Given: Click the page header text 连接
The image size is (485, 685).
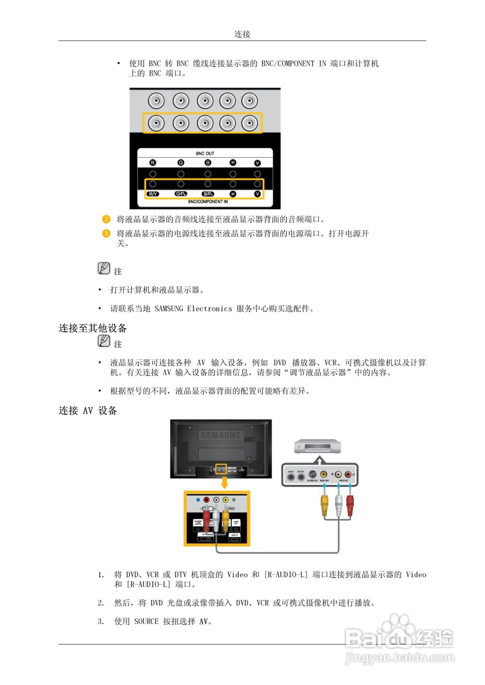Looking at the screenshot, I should pyautogui.click(x=242, y=34).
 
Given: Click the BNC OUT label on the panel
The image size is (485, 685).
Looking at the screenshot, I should pyautogui.click(x=205, y=154).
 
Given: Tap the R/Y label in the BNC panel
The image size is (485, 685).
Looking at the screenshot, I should pyautogui.click(x=153, y=194).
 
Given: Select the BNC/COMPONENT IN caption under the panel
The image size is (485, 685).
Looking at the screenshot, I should pyautogui.click(x=205, y=202).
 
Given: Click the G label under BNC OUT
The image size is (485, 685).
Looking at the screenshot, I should pyautogui.click(x=181, y=163).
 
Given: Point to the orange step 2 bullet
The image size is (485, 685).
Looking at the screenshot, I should pyautogui.click(x=106, y=219).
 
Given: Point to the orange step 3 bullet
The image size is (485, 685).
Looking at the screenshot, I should pyautogui.click(x=106, y=233).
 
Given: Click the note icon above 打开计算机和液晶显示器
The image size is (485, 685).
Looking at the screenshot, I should pyautogui.click(x=105, y=269).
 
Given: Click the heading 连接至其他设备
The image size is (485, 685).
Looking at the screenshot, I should pyautogui.click(x=93, y=328).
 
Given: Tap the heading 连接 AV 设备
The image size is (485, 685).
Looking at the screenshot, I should pyautogui.click(x=88, y=411).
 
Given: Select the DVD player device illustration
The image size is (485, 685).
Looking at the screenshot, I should pyautogui.click(x=318, y=445).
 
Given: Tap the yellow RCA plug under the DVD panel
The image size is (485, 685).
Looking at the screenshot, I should pyautogui.click(x=324, y=504).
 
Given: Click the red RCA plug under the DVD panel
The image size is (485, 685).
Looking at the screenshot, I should pyautogui.click(x=350, y=504).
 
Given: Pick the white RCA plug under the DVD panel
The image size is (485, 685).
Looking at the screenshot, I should pyautogui.click(x=338, y=504).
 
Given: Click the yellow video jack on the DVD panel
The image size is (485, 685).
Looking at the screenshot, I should pyautogui.click(x=323, y=474).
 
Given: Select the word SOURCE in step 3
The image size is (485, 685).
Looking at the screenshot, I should pyautogui.click(x=146, y=622).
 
